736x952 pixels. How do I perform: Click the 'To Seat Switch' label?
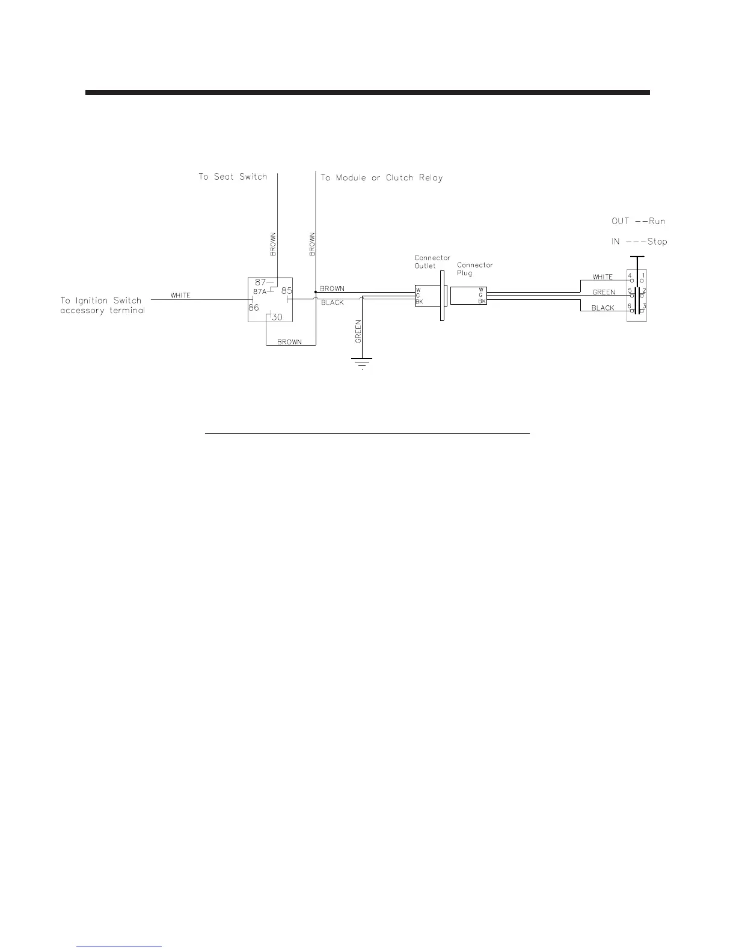(x=233, y=177)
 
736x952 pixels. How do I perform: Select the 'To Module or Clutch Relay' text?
(x=381, y=178)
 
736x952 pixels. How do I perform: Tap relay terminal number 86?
(x=253, y=307)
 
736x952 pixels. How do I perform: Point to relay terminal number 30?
(x=276, y=317)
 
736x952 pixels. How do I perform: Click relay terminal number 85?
(x=286, y=291)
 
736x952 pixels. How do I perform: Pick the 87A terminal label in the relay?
(x=259, y=291)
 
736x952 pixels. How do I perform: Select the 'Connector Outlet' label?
(x=432, y=262)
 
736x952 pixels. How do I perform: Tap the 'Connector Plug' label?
(x=474, y=269)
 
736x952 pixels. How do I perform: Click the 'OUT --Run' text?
(x=638, y=221)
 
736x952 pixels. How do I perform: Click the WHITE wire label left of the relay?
(x=180, y=295)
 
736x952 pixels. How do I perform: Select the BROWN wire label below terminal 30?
(x=289, y=342)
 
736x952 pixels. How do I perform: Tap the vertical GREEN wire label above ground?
(x=358, y=331)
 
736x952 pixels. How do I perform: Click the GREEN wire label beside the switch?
(x=604, y=293)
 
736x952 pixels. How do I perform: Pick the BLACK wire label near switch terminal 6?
(x=603, y=308)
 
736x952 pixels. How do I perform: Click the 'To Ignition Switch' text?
(x=101, y=300)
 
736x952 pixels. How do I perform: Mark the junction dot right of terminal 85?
(x=316, y=292)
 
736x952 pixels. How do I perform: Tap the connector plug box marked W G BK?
(x=468, y=296)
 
